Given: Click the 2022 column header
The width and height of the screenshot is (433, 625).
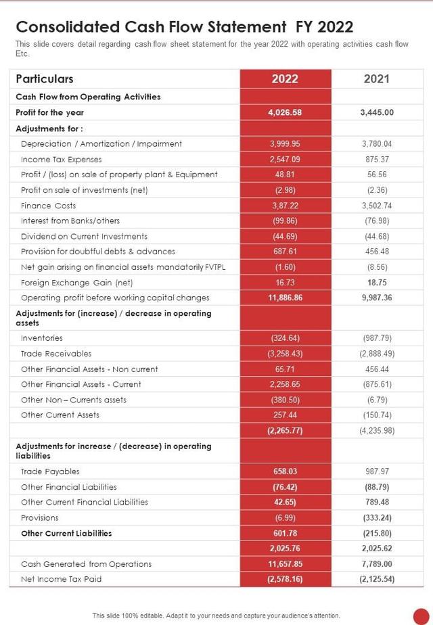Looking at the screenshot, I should click(285, 78).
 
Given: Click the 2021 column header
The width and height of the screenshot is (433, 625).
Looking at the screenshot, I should click(376, 78).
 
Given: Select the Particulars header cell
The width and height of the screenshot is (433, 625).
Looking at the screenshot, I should click(45, 78).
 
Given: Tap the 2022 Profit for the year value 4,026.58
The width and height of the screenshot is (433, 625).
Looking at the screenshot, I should click(285, 112).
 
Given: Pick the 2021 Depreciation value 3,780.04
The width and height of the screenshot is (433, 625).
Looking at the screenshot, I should click(377, 143).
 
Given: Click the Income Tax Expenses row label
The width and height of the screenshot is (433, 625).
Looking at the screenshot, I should click(61, 159).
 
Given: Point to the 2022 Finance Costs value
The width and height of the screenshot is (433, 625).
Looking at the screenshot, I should click(285, 206).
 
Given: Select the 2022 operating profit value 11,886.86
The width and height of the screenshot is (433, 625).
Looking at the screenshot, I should click(285, 298).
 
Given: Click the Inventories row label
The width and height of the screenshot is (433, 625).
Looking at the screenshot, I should click(41, 338).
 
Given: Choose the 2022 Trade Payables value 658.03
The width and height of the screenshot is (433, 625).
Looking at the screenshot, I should click(285, 471).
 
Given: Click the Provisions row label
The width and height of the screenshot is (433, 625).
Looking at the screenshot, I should click(39, 517).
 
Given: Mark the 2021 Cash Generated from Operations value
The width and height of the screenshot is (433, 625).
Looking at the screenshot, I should click(377, 563).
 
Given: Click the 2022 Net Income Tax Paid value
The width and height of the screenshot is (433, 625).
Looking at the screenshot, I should click(285, 579).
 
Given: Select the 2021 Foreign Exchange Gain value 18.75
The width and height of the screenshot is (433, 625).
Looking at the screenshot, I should click(377, 282).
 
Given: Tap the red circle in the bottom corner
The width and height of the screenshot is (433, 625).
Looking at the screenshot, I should click(421, 615).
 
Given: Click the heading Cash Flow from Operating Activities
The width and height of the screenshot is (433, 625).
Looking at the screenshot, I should click(88, 97).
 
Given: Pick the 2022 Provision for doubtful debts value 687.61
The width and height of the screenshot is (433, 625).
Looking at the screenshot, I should click(285, 252).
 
